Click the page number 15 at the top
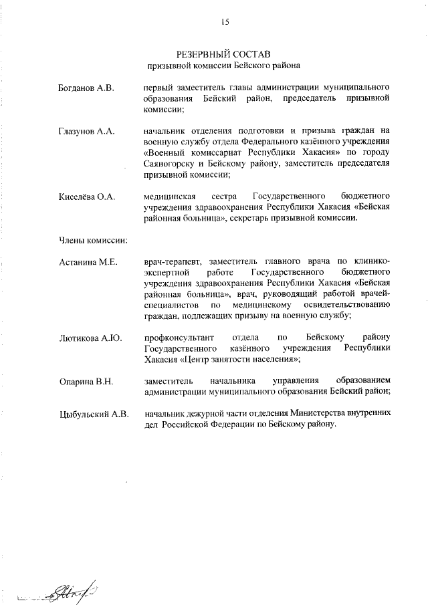225,22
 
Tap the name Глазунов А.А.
86,132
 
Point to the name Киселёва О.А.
87,196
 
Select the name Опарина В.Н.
86,381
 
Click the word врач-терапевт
173,261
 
